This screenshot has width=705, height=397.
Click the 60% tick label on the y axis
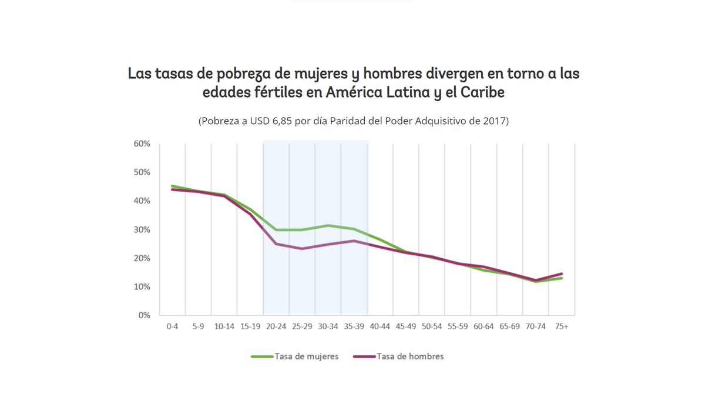pyautogui.click(x=142, y=144)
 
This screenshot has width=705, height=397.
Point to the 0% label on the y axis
pyautogui.click(x=145, y=315)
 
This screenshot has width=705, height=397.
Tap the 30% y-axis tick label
pyautogui.click(x=142, y=229)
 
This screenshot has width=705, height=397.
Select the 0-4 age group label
pyautogui.click(x=172, y=326)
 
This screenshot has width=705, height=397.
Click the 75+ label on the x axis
pyautogui.click(x=562, y=326)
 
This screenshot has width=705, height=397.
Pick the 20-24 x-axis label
pyautogui.click(x=276, y=326)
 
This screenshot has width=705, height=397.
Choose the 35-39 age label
pyautogui.click(x=354, y=326)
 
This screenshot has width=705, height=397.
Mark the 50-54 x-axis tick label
pyautogui.click(x=432, y=326)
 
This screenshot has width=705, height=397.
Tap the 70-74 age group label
pyautogui.click(x=536, y=326)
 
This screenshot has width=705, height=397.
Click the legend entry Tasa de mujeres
pyautogui.click(x=306, y=356)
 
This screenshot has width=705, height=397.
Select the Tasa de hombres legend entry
pyautogui.click(x=409, y=356)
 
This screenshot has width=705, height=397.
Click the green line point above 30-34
pyautogui.click(x=328, y=225)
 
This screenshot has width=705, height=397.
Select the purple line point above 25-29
pyautogui.click(x=302, y=249)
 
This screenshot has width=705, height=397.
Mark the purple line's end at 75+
pyautogui.click(x=562, y=273)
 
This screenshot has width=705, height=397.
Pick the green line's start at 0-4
pyautogui.click(x=172, y=186)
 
